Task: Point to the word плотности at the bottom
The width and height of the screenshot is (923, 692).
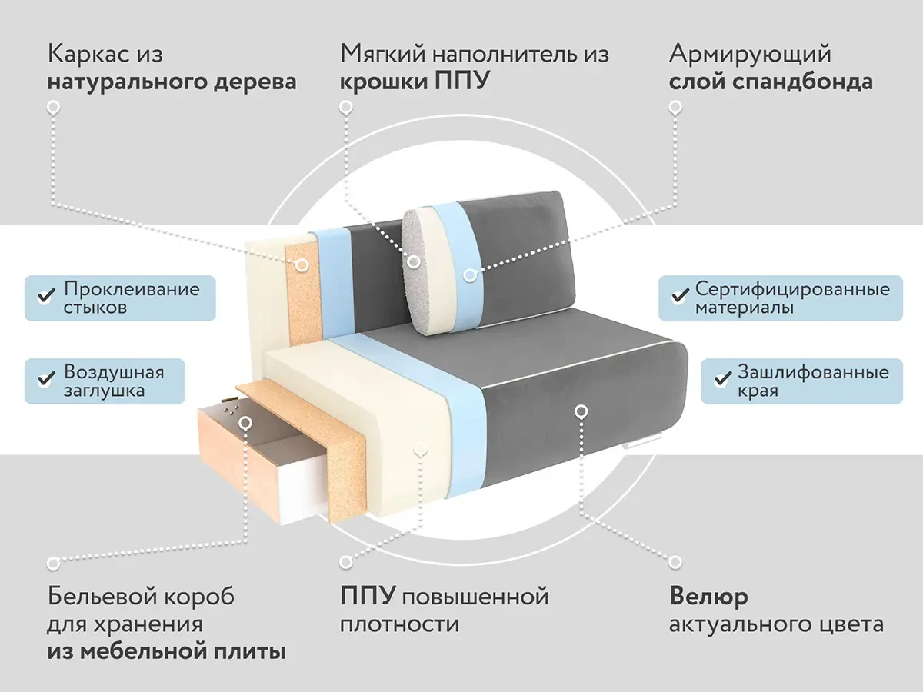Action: click(x=399, y=624)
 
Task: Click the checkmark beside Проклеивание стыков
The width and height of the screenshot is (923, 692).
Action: click(x=46, y=296)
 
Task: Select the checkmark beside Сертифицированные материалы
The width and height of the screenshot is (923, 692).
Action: click(x=679, y=296)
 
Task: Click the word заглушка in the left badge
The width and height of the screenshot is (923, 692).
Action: click(x=104, y=391)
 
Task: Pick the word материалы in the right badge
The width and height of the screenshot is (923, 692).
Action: click(x=745, y=308)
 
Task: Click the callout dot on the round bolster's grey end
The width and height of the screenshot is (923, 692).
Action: click(x=414, y=262)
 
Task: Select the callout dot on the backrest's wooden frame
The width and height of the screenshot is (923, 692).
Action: click(x=302, y=264)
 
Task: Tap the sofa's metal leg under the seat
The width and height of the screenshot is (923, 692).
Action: click(x=642, y=442)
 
